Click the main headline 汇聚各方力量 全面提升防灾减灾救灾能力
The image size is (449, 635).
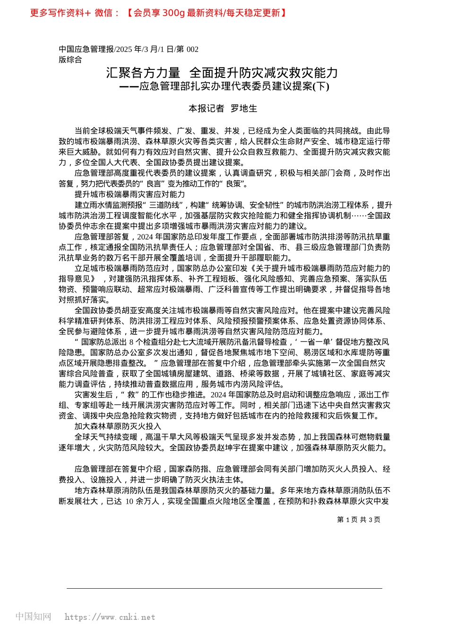click(222, 72)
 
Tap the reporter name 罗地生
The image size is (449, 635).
click(244, 109)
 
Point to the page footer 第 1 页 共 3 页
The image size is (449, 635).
click(358, 520)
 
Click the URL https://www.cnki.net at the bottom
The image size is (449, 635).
click(110, 617)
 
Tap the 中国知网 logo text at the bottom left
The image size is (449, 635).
click(33, 617)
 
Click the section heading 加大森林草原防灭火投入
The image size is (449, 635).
click(118, 426)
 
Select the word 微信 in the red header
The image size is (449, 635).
click(104, 13)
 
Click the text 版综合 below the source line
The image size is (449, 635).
click(70, 60)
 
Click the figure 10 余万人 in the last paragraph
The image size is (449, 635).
click(141, 501)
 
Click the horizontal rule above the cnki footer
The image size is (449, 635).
click(224, 588)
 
